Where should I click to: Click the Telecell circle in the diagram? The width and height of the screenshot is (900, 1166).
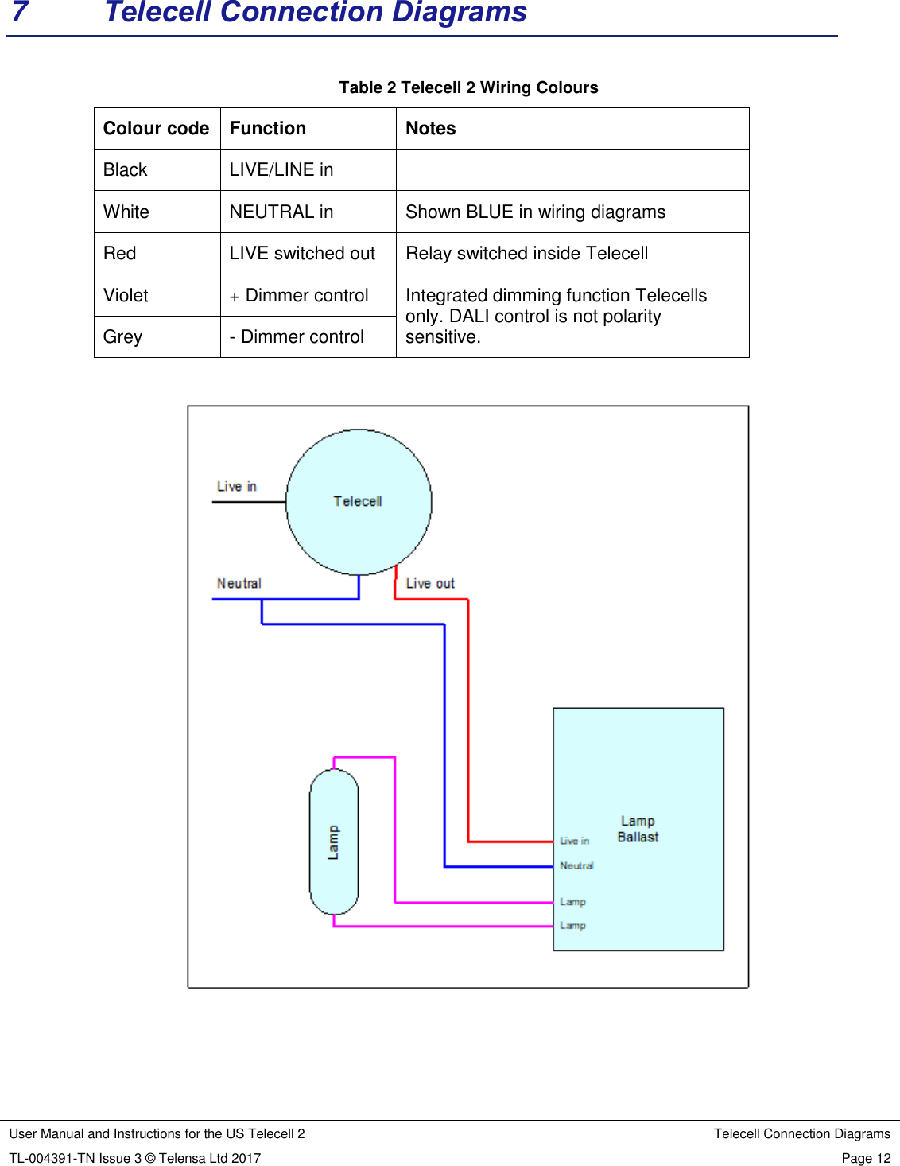[x=359, y=502]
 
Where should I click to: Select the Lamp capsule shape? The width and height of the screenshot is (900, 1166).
[x=334, y=841]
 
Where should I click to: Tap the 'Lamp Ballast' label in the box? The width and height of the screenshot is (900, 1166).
[x=638, y=829]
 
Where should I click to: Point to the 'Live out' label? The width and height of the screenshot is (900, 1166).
[x=430, y=583]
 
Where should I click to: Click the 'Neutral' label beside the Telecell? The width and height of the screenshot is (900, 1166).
[x=239, y=583]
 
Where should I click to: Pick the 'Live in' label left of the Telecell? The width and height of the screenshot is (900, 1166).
[x=237, y=486]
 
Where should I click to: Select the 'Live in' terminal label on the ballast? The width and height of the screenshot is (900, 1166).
[x=574, y=841]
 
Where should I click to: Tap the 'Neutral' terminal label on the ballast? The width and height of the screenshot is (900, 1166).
[x=576, y=865]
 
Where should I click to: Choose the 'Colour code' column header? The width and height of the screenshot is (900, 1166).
[x=157, y=128]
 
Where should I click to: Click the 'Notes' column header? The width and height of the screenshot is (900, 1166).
[x=431, y=128]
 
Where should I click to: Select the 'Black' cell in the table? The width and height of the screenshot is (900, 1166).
[x=126, y=169]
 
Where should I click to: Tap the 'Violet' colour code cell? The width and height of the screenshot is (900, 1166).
[x=126, y=295]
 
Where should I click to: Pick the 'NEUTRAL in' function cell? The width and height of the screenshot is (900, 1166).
[x=281, y=212]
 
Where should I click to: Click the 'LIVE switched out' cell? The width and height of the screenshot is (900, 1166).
[x=302, y=253]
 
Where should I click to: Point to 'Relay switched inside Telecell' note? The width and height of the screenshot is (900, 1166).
[x=526, y=253]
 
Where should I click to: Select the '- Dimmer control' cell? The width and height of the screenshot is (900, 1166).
[x=297, y=336]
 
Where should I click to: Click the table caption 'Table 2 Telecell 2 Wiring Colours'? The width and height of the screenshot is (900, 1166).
[x=468, y=87]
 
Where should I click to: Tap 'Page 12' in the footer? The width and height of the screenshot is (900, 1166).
[x=866, y=1158]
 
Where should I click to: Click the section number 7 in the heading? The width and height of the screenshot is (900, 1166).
[x=21, y=12]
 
